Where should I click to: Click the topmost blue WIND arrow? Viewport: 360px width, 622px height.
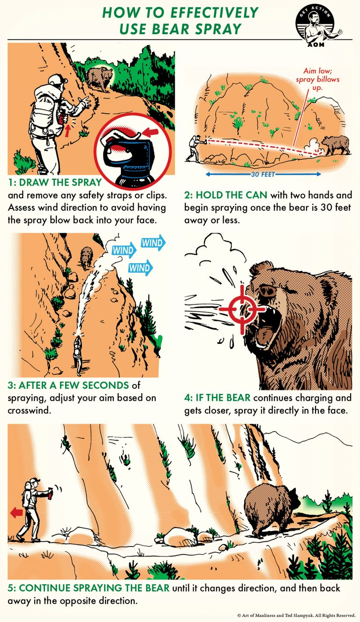[x=152, y=243]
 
